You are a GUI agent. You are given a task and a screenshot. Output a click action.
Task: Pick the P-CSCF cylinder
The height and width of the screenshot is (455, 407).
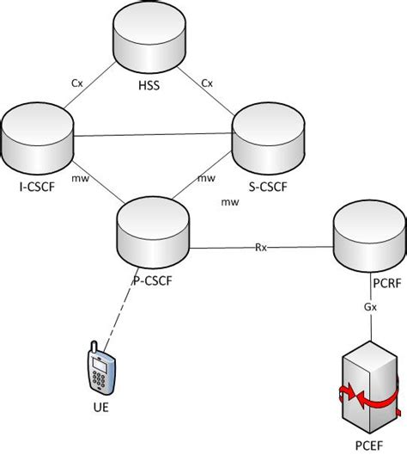(x=150, y=228)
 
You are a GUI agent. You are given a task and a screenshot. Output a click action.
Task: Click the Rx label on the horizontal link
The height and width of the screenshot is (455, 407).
(x=260, y=248)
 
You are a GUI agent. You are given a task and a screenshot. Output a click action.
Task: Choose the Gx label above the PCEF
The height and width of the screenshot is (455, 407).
(x=368, y=307)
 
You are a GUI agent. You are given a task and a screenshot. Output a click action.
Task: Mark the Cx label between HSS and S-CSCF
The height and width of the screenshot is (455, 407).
(x=207, y=83)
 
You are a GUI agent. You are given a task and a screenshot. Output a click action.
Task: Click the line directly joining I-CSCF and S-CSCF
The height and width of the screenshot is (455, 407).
(x=155, y=134)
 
